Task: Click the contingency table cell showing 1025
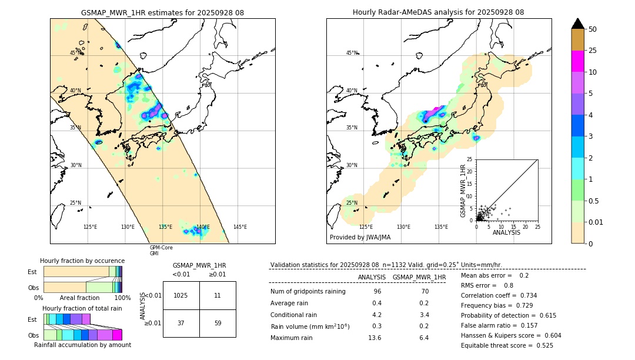click(181, 295)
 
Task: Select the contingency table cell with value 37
click(181, 323)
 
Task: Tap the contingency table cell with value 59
click(218, 323)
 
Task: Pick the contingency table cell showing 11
click(218, 295)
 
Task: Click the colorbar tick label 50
click(593, 29)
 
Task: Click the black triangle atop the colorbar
click(578, 24)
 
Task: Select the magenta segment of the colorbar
click(578, 61)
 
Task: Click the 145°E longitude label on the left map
click(240, 227)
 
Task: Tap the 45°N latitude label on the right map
click(352, 53)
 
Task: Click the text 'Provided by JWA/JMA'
click(360, 238)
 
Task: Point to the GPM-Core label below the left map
click(161, 248)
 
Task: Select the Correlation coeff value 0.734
click(523, 295)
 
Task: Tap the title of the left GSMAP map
click(162, 12)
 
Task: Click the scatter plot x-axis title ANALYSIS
click(507, 233)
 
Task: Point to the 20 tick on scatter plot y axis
click(469, 171)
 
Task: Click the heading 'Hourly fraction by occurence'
click(82, 261)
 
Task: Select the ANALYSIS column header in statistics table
click(372, 277)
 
